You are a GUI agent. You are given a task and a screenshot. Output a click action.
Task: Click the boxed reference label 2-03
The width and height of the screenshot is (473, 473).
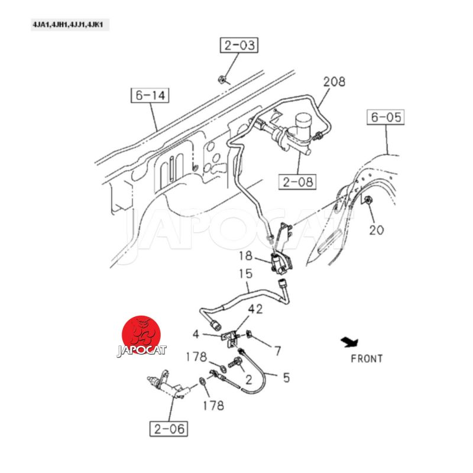tap(239, 46)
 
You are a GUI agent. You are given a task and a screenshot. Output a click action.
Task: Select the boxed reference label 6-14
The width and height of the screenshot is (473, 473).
tap(150, 95)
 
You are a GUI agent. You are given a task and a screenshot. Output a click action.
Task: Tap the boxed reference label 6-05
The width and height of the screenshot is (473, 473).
tap(385, 117)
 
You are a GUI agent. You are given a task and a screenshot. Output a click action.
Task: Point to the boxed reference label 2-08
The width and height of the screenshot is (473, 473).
tap(297, 182)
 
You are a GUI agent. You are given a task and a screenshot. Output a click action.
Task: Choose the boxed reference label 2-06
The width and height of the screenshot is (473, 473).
tap(169, 429)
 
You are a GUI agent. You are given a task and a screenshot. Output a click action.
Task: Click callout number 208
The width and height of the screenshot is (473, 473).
tap(334, 82)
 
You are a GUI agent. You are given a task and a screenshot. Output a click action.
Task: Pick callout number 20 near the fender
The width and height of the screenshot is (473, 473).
tap(377, 230)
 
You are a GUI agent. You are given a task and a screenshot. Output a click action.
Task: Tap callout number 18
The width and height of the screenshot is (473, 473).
tap(245, 256)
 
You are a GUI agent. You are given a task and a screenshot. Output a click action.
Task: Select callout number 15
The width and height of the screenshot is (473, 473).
tap(245, 274)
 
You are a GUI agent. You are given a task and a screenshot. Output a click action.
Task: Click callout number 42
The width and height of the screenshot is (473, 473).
tap(255, 309)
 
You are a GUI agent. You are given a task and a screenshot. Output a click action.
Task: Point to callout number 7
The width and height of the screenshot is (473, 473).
tap(277, 351)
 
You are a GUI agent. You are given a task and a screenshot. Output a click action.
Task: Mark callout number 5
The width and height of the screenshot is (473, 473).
tap(286, 377)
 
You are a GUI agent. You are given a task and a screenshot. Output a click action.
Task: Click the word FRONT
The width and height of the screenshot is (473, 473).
tap(367, 359)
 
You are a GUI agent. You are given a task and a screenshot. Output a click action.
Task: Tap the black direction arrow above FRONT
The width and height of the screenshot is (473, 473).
tap(350, 342)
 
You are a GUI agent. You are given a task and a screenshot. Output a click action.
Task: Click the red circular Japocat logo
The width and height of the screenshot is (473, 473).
tap(141, 335)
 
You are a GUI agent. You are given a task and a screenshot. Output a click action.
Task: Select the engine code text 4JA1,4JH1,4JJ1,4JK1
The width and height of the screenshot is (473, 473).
tap(68, 25)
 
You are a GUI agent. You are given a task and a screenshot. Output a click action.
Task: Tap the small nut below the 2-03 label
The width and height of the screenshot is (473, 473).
tap(221, 79)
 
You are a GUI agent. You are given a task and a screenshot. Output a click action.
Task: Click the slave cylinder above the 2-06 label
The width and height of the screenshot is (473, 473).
tap(169, 386)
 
